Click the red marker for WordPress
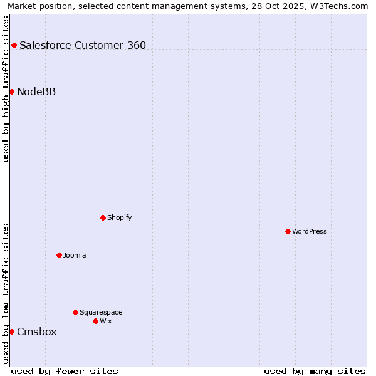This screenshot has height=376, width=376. [288, 231]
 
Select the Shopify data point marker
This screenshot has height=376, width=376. [103, 217]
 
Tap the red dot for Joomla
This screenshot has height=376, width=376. [59, 255]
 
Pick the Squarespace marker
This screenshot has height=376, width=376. [75, 312]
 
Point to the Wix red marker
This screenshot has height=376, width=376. [95, 321]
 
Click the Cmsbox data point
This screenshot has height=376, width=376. [11, 332]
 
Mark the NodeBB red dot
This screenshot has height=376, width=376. [11, 91]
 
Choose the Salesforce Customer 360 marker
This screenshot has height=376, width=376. [14, 45]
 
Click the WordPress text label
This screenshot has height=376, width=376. [310, 231]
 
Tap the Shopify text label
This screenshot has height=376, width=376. [119, 217]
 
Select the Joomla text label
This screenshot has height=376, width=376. [75, 255]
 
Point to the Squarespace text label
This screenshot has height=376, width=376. [101, 312]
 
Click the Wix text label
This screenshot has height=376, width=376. [105, 321]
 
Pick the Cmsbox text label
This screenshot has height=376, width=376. [36, 332]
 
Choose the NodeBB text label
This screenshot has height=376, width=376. [36, 91]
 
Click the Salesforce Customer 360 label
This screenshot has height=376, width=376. [83, 45]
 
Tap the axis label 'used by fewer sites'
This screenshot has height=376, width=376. [65, 371]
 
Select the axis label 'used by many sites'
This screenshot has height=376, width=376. [315, 371]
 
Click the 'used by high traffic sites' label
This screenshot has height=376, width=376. [6, 89]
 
